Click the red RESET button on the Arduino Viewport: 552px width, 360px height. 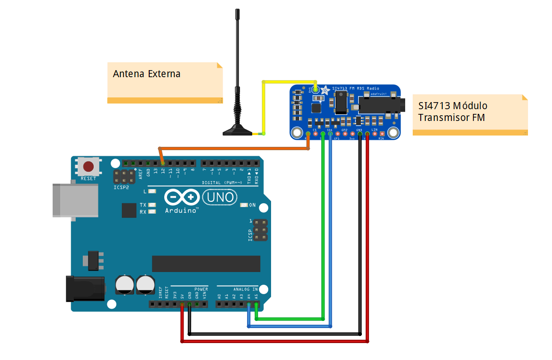[x=88, y=166]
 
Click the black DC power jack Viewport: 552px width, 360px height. [x=85, y=288]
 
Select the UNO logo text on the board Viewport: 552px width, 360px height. [x=219, y=197]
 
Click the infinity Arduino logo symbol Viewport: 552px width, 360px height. [x=182, y=197]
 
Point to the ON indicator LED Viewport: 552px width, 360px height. [x=244, y=205]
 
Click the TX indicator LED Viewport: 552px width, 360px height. [x=152, y=205]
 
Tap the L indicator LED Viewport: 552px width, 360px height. [x=152, y=192]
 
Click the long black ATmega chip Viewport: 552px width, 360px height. [x=206, y=264]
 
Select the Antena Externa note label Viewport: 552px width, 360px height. [x=165, y=82]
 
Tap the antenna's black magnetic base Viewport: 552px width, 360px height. [x=237, y=131]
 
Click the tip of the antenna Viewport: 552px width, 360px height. [x=238, y=11]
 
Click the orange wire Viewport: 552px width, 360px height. [x=235, y=149]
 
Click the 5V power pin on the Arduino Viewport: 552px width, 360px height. [x=182, y=304]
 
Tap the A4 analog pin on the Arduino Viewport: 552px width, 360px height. [x=248, y=304]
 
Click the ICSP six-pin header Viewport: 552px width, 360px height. [x=260, y=230]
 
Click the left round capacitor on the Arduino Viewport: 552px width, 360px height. [x=124, y=285]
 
